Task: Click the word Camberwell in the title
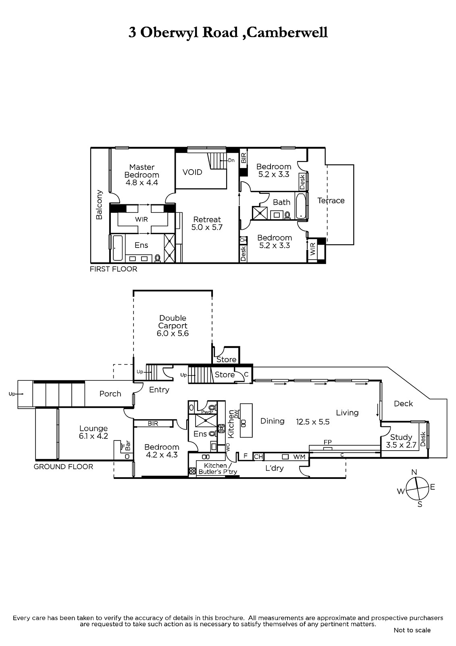click(x=287, y=32)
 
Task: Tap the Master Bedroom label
click(x=142, y=171)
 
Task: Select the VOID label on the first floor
click(x=192, y=172)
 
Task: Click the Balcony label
click(x=99, y=204)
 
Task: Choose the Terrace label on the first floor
click(x=331, y=200)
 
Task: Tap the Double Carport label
click(x=173, y=322)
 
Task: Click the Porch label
click(x=110, y=394)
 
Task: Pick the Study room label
click(x=401, y=437)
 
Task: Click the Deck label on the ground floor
click(x=403, y=403)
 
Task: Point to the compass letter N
click(x=414, y=472)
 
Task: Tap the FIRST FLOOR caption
click(x=113, y=269)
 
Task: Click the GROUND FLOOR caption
click(x=63, y=467)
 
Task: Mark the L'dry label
click(x=275, y=468)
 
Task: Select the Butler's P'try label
click(x=218, y=472)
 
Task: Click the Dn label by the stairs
click(x=231, y=160)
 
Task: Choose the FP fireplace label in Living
click(x=327, y=442)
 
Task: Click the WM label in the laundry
click(x=299, y=457)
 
